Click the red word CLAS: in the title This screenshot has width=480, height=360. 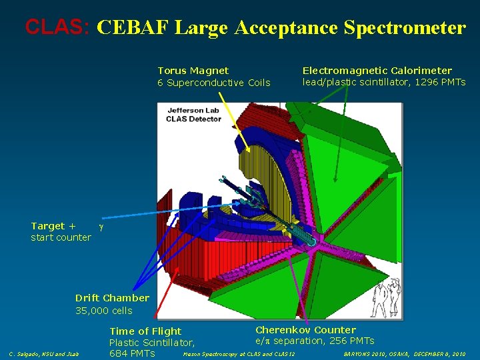point(57,27)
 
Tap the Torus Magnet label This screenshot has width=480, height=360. point(193,71)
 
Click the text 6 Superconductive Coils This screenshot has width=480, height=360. point(213,83)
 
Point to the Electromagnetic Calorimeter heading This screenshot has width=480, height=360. point(377,71)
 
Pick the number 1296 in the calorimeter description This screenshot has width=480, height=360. point(424,82)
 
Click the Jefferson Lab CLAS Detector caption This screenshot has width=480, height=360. point(193,114)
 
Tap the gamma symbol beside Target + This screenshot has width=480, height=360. point(101,227)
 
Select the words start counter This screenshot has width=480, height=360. point(61,237)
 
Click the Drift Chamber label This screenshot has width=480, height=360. point(112,298)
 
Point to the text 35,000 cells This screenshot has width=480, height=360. point(103,311)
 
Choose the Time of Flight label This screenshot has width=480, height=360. point(145,331)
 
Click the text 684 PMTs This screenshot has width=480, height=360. point(132,353)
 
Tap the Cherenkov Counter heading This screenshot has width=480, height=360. point(305,330)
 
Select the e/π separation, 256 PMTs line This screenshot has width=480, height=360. point(315,341)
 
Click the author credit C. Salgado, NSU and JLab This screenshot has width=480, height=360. point(43,354)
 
